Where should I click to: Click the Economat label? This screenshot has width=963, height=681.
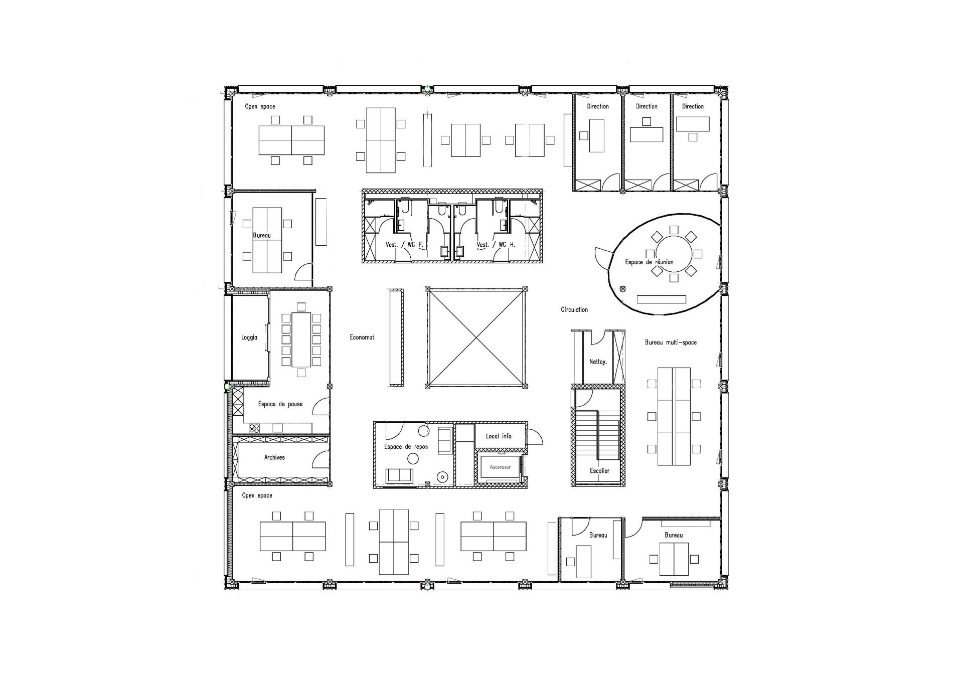[362, 337]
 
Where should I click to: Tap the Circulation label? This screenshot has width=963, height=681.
[574, 309]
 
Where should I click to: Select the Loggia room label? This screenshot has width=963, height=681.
[249, 337]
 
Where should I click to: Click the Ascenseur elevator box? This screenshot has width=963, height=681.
[500, 467]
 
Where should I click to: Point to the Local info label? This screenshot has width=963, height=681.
[499, 436]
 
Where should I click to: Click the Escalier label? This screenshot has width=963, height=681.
[600, 471]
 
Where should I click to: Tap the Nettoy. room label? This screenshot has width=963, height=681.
[598, 362]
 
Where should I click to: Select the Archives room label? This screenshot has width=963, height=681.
[274, 457]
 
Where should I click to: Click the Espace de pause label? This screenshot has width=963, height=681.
[280, 404]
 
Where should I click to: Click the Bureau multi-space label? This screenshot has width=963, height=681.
[671, 343]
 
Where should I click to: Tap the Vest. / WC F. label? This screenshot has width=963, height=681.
[404, 245]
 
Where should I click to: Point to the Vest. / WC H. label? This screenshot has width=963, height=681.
[496, 245]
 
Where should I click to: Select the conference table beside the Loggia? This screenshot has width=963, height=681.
[301, 339]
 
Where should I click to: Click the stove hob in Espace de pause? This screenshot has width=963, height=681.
[254, 428]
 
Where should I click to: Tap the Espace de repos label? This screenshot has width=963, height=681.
[406, 447]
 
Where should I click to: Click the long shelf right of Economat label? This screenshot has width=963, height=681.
[396, 337]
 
